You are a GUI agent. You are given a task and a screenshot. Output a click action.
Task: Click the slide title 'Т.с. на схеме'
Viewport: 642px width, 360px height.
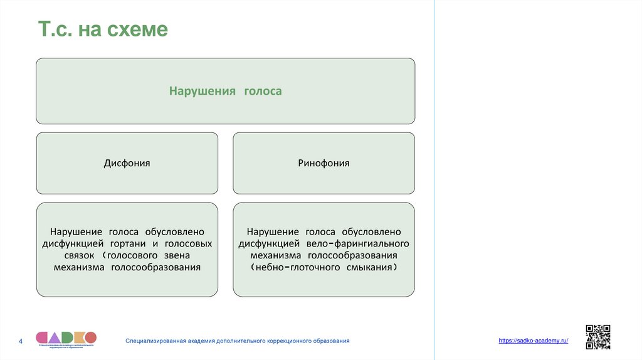(x=103, y=29)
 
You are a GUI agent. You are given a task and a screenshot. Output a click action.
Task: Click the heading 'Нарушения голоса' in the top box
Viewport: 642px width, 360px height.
(x=225, y=91)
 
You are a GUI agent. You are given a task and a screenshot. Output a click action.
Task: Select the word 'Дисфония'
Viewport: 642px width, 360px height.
(x=127, y=163)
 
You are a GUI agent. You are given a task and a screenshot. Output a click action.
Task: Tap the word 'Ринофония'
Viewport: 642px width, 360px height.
(x=324, y=163)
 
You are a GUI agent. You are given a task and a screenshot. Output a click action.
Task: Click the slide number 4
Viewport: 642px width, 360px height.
(x=21, y=341)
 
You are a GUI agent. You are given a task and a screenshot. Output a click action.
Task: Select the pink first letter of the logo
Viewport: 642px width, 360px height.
(x=43, y=337)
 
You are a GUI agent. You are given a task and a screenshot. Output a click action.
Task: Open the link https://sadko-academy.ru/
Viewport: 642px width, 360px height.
(x=533, y=341)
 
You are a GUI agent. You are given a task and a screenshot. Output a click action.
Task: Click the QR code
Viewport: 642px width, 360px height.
(x=597, y=337)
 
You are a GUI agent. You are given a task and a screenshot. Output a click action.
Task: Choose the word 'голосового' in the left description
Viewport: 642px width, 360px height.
(x=135, y=255)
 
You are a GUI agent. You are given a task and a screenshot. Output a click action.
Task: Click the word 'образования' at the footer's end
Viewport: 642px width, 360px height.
(x=332, y=341)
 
